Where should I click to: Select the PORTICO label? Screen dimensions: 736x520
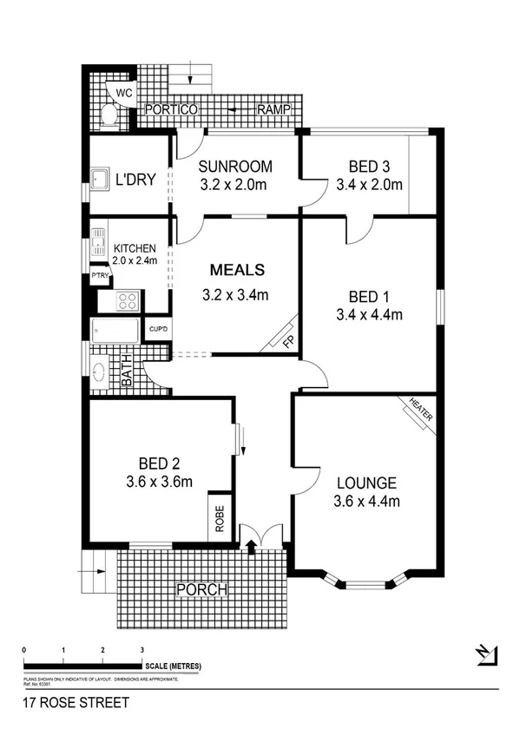(x=172, y=110)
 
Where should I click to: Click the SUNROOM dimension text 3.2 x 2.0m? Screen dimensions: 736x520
(x=234, y=184)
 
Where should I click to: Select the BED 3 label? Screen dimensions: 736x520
(x=370, y=166)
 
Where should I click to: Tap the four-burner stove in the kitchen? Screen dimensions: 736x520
(x=128, y=302)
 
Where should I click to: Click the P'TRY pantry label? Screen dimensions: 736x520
(x=101, y=276)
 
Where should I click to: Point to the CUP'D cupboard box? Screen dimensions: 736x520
(x=157, y=329)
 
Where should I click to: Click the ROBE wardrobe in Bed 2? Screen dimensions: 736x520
(x=220, y=518)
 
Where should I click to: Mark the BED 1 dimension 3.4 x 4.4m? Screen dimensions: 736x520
(x=370, y=314)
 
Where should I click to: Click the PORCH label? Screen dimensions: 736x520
(x=201, y=589)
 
